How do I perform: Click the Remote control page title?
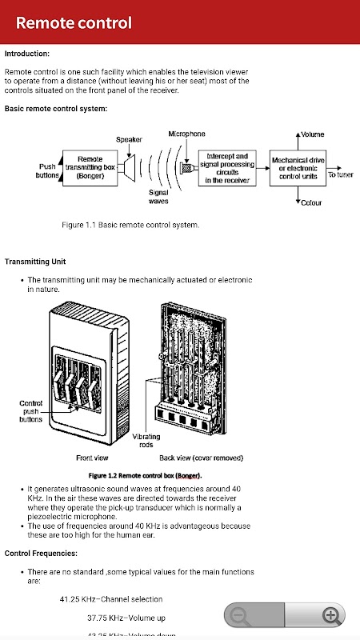point(74,23)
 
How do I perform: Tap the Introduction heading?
point(27,54)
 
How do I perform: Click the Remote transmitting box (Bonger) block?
point(90,168)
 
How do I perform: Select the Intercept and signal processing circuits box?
point(227,168)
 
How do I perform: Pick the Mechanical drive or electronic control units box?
point(298,168)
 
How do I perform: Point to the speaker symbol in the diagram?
point(129,168)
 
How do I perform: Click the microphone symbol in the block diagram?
point(187,168)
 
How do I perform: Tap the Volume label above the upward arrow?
point(312,134)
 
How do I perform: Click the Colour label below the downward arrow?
point(311,202)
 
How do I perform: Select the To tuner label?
point(341,174)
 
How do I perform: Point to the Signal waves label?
point(158,196)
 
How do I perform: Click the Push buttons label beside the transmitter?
point(47,171)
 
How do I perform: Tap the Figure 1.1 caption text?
point(130,225)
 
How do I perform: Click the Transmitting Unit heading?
point(35,262)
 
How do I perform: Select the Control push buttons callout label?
point(30,411)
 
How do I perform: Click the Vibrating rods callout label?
point(146,441)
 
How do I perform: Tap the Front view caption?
point(92,458)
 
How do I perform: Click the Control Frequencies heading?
point(41,554)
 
